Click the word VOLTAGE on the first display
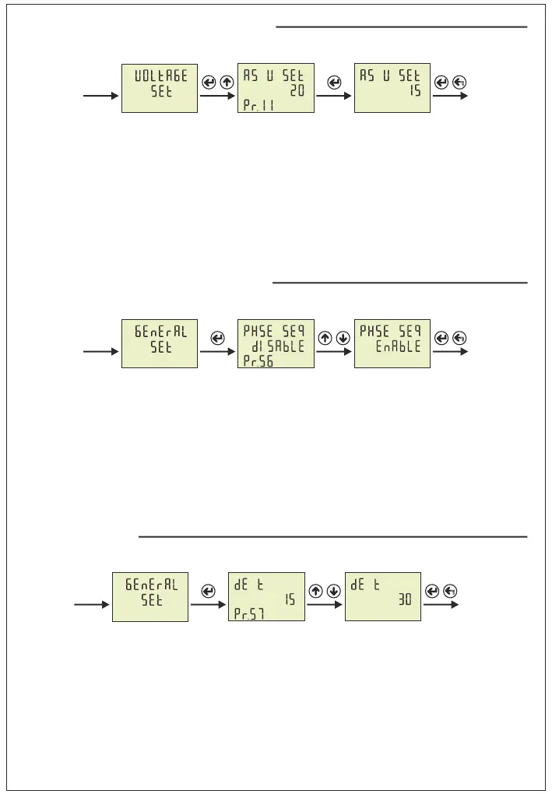tap(160, 76)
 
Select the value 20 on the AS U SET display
tap(297, 90)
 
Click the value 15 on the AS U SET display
tap(413, 90)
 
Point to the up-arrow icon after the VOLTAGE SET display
tap(226, 83)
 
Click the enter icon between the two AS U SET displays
tap(334, 83)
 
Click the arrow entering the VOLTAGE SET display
tap(101, 97)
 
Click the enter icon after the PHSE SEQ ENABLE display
tap(441, 338)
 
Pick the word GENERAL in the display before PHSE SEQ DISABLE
tap(160, 330)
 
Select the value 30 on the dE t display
tap(405, 600)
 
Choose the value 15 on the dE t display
tap(288, 600)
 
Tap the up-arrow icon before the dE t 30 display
tap(316, 591)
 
